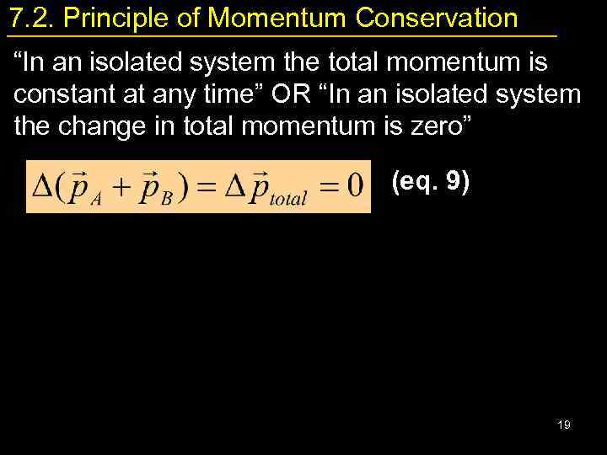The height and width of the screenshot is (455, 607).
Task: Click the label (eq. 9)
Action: pyautogui.click(x=431, y=183)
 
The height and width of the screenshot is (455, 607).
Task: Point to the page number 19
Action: pyautogui.click(x=564, y=425)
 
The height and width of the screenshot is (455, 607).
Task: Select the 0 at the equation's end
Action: pyautogui.click(x=355, y=185)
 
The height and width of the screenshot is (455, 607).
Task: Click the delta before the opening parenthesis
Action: pyautogui.click(x=39, y=185)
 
